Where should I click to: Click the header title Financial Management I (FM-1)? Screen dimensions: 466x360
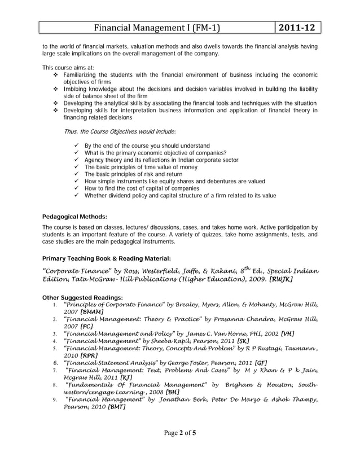pyautogui.click(x=156, y=28)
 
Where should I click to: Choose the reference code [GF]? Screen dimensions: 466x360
pyautogui.click(x=261, y=363)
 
